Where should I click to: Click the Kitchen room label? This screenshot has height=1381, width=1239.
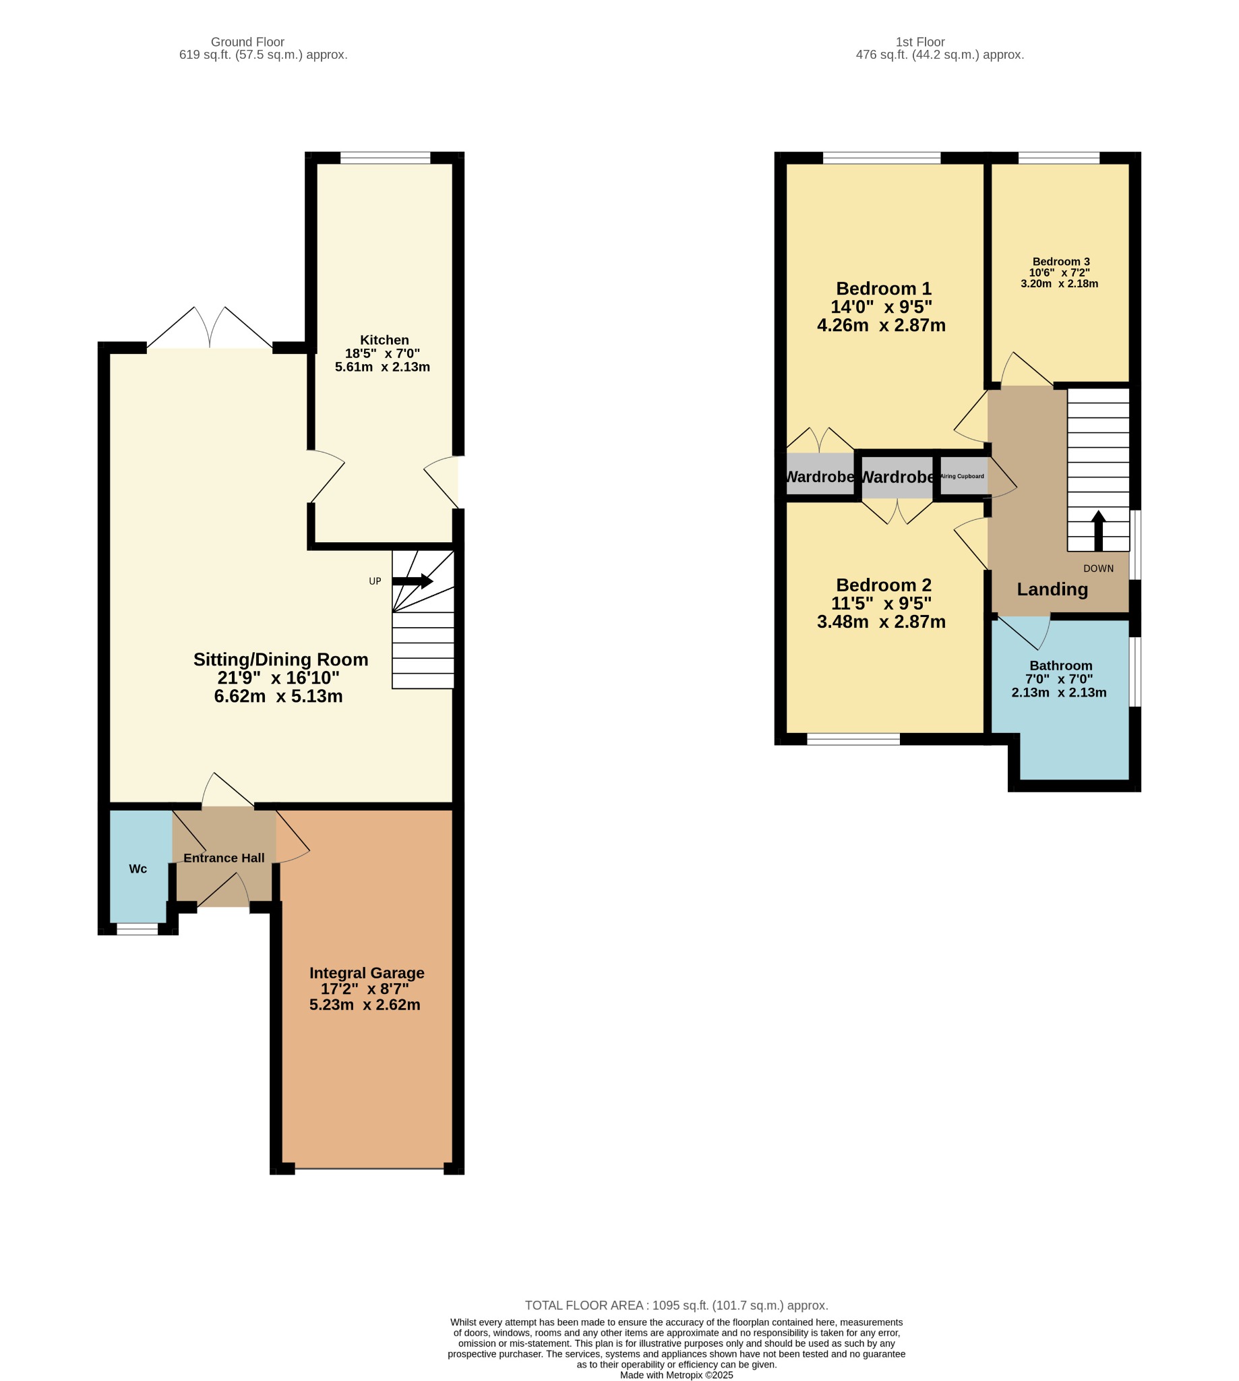tap(384, 340)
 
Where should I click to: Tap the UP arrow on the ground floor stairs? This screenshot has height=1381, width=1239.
tap(413, 581)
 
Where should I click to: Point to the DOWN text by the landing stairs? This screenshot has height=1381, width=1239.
tap(1098, 568)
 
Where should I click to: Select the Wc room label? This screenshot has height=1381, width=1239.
tap(138, 869)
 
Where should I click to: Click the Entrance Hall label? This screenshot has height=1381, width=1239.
tap(224, 858)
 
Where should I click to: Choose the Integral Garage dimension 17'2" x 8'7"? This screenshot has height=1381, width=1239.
tap(365, 989)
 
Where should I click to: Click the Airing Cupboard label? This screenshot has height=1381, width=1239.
tap(962, 476)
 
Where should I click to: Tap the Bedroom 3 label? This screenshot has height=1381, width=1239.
tap(1060, 262)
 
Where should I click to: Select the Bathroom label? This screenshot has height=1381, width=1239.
tap(1060, 666)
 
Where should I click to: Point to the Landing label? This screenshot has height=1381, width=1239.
tap(1052, 589)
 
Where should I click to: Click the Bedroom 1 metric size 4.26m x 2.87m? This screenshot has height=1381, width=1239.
tap(881, 326)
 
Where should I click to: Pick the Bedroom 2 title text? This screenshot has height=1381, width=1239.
tap(883, 585)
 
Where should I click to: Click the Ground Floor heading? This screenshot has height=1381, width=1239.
tap(247, 42)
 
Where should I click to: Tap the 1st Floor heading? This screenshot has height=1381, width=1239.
tap(920, 42)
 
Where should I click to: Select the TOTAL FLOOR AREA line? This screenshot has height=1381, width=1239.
tap(677, 1305)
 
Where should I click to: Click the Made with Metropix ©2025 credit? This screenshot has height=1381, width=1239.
tap(677, 1375)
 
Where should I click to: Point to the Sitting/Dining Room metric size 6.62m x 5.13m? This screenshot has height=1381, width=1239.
tap(278, 696)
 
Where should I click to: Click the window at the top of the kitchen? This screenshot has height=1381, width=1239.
tap(386, 158)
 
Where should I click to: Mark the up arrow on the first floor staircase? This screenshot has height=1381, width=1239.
tap(1098, 531)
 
